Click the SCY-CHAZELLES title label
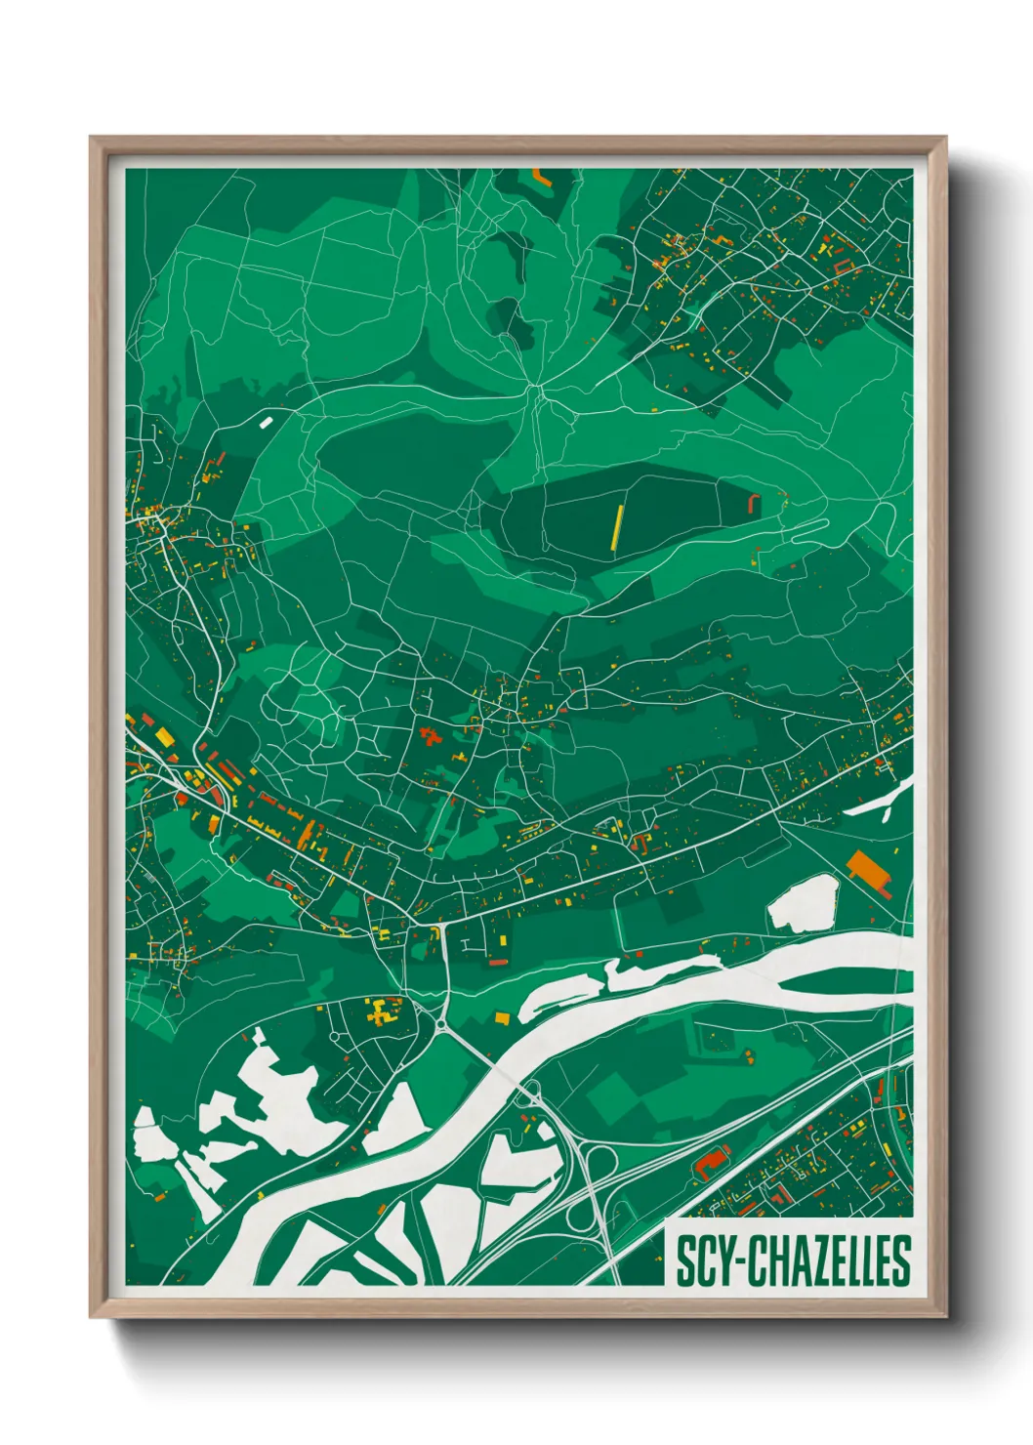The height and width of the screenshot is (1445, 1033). click(792, 1260)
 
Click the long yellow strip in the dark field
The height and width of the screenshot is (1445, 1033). click(617, 527)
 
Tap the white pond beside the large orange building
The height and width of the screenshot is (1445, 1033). click(805, 903)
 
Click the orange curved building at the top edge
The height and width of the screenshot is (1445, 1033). click(541, 178)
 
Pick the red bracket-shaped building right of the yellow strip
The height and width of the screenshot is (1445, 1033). click(753, 504)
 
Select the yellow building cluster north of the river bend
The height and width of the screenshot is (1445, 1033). click(381, 1011)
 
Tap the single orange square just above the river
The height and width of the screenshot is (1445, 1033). click(502, 1018)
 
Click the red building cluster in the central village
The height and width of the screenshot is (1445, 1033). click(429, 734)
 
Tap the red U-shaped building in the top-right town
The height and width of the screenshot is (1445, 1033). click(842, 264)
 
